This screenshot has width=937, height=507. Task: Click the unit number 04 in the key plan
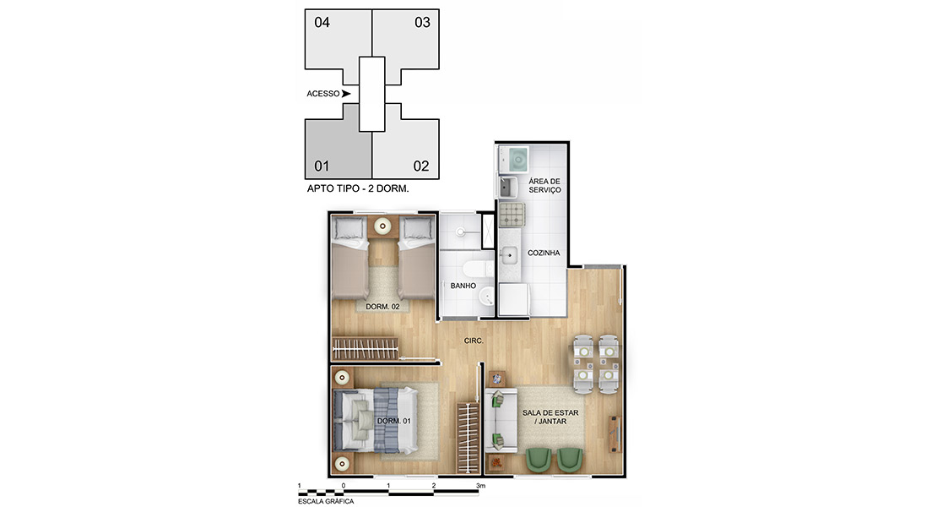(x=322, y=23)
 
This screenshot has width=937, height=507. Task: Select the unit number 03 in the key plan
(x=422, y=23)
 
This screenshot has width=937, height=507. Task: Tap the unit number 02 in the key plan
(x=421, y=166)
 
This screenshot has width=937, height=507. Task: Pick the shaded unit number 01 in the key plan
(x=322, y=166)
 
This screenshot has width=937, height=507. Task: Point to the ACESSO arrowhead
(x=346, y=93)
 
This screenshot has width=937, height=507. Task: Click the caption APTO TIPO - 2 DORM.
(x=358, y=188)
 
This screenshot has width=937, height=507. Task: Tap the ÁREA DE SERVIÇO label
(x=544, y=185)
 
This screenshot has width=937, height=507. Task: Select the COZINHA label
(x=544, y=253)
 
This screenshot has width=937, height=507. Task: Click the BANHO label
(x=463, y=286)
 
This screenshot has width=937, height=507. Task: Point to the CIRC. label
(x=474, y=341)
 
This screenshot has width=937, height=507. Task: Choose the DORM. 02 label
(x=382, y=307)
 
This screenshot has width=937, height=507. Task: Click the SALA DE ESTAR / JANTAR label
(x=550, y=417)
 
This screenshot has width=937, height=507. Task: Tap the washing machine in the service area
(x=514, y=159)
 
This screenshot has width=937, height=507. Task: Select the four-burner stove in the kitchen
(x=512, y=215)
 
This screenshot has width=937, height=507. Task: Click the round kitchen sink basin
(x=508, y=256)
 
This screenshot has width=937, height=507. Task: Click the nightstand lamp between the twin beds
(x=382, y=226)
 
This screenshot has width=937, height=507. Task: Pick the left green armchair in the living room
(x=539, y=459)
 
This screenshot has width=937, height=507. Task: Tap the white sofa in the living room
(x=501, y=420)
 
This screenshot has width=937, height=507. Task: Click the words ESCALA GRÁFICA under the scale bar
(x=326, y=501)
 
